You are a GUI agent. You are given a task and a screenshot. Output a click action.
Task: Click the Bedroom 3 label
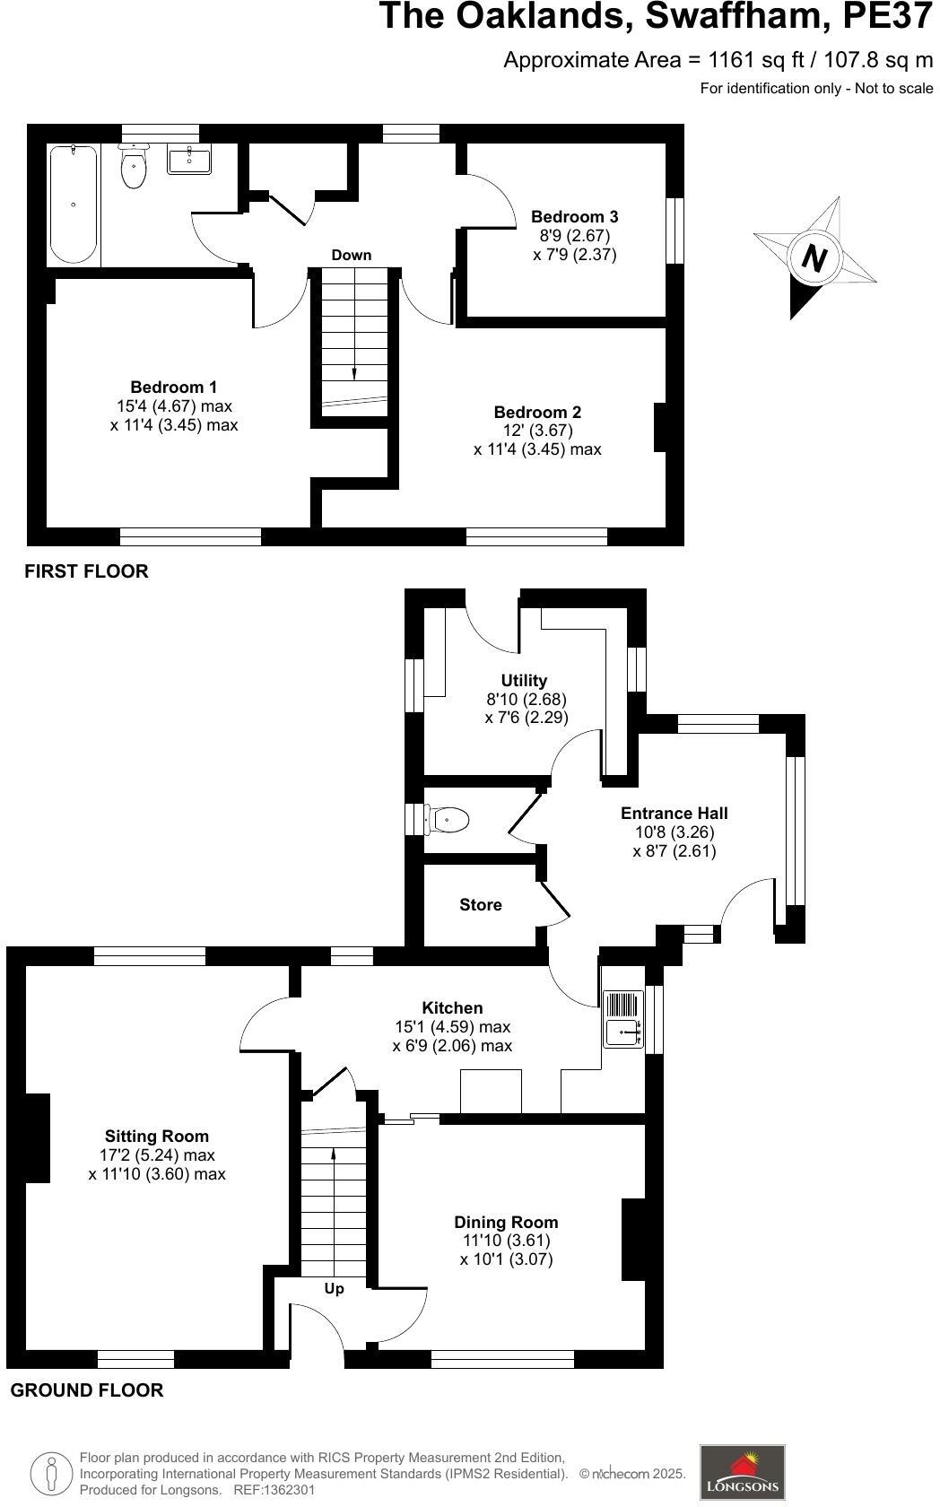[574, 216]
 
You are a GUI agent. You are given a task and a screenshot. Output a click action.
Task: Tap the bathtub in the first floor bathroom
[73, 205]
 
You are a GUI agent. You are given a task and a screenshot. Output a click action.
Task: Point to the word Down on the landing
[351, 255]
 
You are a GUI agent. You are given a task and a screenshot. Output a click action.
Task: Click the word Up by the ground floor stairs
[334, 1288]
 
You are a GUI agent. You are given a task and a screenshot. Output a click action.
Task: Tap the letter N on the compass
[814, 258]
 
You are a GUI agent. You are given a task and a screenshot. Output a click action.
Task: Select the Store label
[480, 904]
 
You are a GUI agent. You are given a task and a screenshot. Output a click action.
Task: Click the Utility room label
[524, 680]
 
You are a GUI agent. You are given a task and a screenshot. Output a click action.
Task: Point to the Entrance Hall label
[674, 813]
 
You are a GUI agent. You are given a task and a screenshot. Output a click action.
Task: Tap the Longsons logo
[742, 1471]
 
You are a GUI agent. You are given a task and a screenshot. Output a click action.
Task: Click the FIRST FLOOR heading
[86, 571]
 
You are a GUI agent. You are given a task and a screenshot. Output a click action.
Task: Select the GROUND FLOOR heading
[87, 1390]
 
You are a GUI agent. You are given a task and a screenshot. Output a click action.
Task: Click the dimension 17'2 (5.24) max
[157, 1155]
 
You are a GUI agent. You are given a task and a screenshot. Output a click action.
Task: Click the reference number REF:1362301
[274, 1490]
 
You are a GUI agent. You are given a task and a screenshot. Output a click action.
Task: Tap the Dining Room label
[506, 1222]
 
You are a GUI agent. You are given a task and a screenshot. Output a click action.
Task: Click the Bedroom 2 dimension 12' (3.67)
[537, 431]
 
